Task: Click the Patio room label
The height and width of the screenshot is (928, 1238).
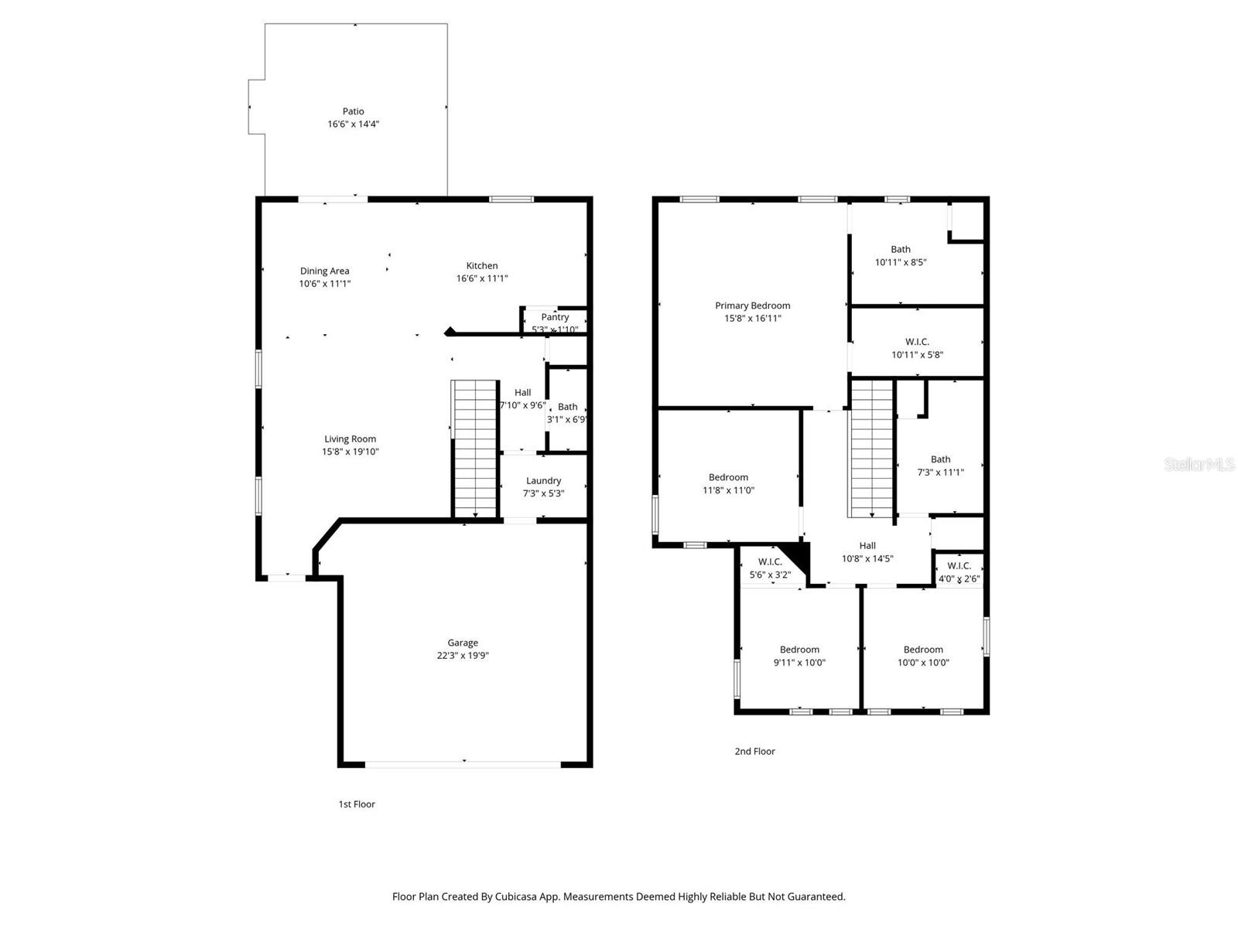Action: tap(353, 111)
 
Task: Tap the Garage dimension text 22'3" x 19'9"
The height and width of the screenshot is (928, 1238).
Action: tap(463, 656)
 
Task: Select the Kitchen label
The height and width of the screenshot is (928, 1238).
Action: tap(481, 265)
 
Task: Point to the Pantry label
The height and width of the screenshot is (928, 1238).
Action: tap(555, 317)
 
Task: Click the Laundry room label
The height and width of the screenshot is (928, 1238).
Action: tap(543, 480)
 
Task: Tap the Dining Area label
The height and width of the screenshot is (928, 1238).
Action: tap(324, 271)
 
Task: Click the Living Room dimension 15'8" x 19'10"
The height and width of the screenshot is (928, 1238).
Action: tap(351, 452)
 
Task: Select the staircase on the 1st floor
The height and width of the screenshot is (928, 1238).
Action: tap(474, 449)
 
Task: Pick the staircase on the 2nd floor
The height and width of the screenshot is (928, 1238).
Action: tap(872, 449)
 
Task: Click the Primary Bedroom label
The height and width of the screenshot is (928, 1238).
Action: tap(752, 305)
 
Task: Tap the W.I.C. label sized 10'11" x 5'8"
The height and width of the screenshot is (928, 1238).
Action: tap(917, 342)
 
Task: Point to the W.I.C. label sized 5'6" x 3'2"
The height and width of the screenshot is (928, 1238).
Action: tap(769, 561)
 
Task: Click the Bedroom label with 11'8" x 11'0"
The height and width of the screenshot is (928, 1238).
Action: tap(728, 477)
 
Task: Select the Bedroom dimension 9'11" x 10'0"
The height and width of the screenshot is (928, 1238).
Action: tap(799, 663)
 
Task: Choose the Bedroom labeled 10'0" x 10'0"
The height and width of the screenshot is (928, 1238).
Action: tap(923, 650)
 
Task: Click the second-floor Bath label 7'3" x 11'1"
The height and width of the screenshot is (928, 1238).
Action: tap(940, 459)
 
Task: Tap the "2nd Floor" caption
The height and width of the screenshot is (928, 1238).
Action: tap(754, 751)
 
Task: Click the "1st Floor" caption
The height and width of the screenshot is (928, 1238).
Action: tap(357, 804)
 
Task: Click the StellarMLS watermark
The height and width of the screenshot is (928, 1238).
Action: tap(1199, 464)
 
